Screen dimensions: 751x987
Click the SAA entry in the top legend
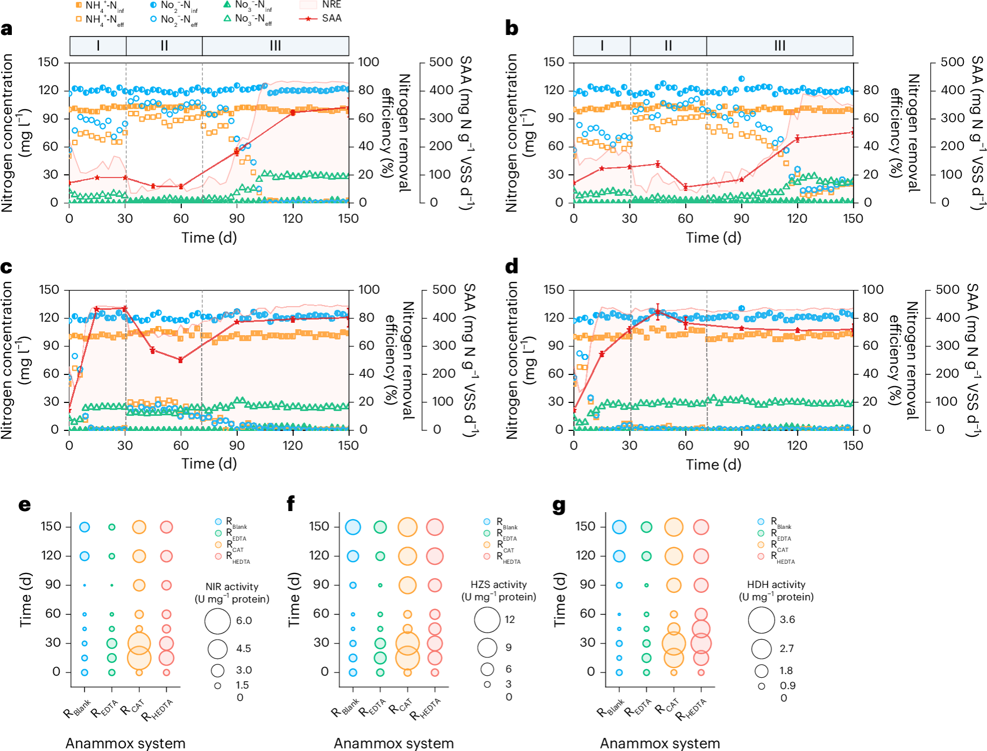[x=332, y=18]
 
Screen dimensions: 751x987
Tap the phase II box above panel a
[x=164, y=46]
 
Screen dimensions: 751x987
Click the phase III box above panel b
[x=779, y=46]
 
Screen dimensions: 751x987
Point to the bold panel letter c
[x=6, y=267]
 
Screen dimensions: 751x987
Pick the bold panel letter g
[x=559, y=505]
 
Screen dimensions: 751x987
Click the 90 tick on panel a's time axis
[x=237, y=218]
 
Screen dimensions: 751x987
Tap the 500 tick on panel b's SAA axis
[x=952, y=62]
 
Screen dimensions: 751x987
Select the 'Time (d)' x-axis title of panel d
[x=713, y=464]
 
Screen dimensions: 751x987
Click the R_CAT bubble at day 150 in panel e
[x=139, y=527]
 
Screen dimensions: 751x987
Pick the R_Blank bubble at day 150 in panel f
[x=353, y=527]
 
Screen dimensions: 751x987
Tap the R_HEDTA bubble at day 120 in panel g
[x=701, y=556]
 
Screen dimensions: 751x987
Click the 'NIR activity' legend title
[x=232, y=587]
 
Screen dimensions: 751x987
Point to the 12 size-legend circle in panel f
[x=487, y=620]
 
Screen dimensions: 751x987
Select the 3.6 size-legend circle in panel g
[x=761, y=620]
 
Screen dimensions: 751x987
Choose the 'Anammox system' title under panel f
[x=393, y=743]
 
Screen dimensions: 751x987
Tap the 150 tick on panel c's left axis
[x=48, y=290]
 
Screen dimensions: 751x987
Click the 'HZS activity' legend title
[x=498, y=585]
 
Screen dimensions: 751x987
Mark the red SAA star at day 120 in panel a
[x=293, y=112]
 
